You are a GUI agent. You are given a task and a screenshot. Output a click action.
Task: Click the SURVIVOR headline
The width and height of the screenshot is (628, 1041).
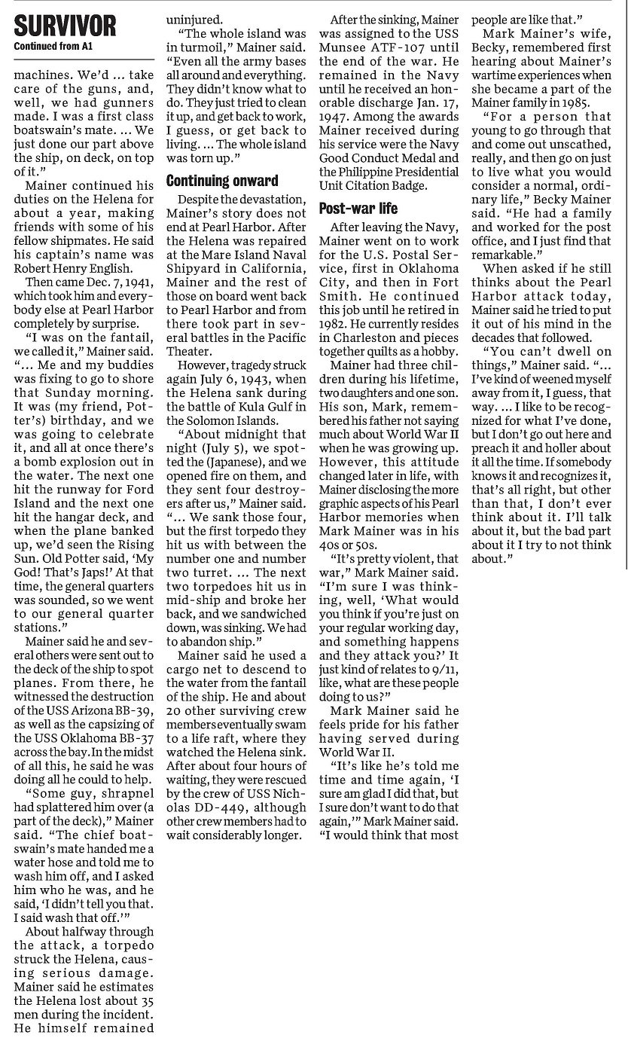(66, 27)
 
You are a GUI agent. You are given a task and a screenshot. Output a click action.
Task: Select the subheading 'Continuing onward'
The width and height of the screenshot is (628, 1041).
(222, 181)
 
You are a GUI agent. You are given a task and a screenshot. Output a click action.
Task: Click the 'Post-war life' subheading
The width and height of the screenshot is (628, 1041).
(358, 209)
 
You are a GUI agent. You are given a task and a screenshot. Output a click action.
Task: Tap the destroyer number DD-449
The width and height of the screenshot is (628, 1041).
(198, 807)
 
